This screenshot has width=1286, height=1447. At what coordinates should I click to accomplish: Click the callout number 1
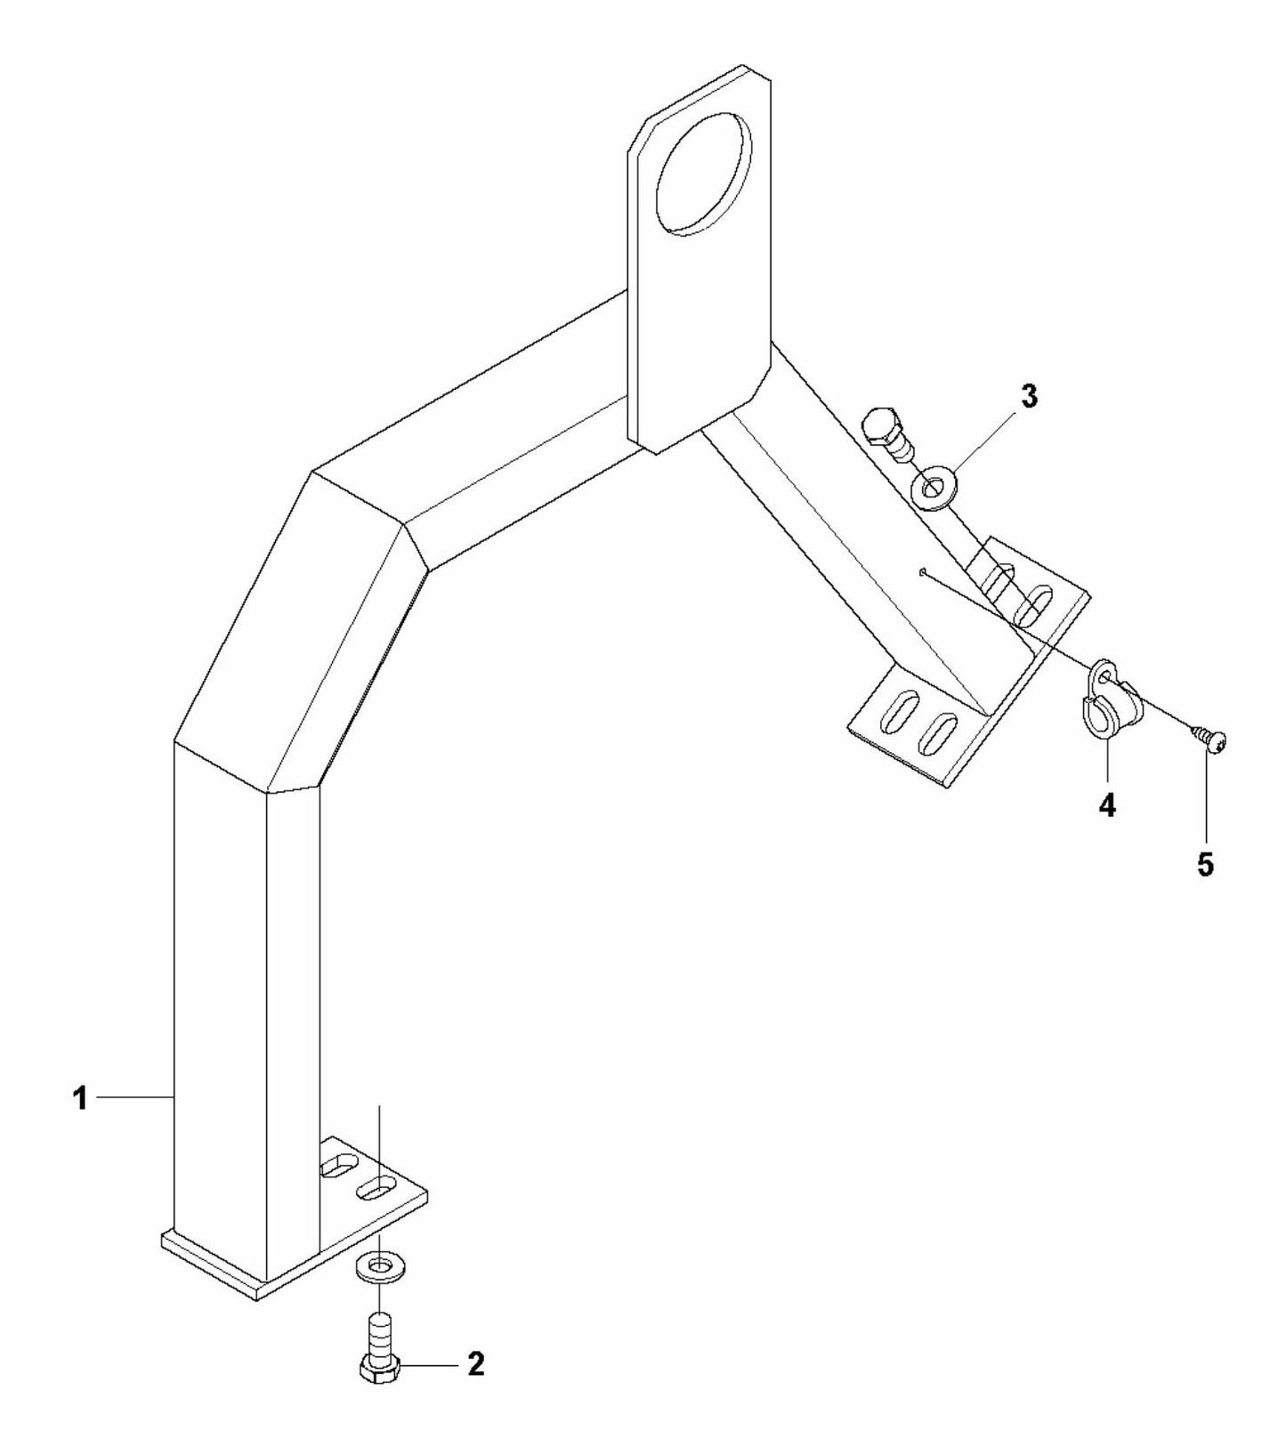point(80,1098)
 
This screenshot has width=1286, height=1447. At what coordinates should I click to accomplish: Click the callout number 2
point(476,1364)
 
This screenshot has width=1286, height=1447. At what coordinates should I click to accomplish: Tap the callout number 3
point(1029,397)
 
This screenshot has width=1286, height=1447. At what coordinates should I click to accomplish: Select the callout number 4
point(1106,806)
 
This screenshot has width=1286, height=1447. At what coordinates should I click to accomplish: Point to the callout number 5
point(1205,864)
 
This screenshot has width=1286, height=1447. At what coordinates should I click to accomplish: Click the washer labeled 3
point(933,489)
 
